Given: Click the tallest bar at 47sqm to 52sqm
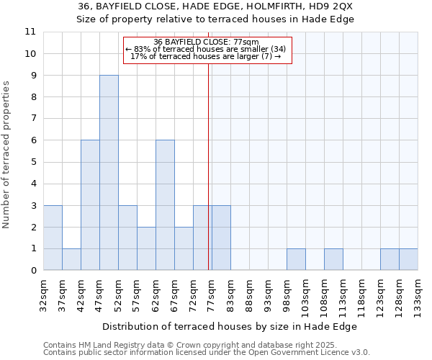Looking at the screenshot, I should (109, 173).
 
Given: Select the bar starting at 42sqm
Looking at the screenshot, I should (90, 205).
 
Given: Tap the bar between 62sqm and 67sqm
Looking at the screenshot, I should (165, 205).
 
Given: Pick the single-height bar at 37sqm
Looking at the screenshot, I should (71, 259).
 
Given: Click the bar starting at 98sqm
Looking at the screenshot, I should (296, 259).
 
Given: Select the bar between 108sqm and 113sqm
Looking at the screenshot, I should (333, 259).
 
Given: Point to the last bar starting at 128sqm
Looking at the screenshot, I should (408, 259).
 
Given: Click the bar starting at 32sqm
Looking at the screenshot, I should (53, 238).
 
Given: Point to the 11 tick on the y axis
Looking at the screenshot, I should (30, 32).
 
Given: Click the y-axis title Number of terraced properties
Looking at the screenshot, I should (7, 155).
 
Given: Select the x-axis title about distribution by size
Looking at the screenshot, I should (230, 326).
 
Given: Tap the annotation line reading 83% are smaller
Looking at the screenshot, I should (207, 49).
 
